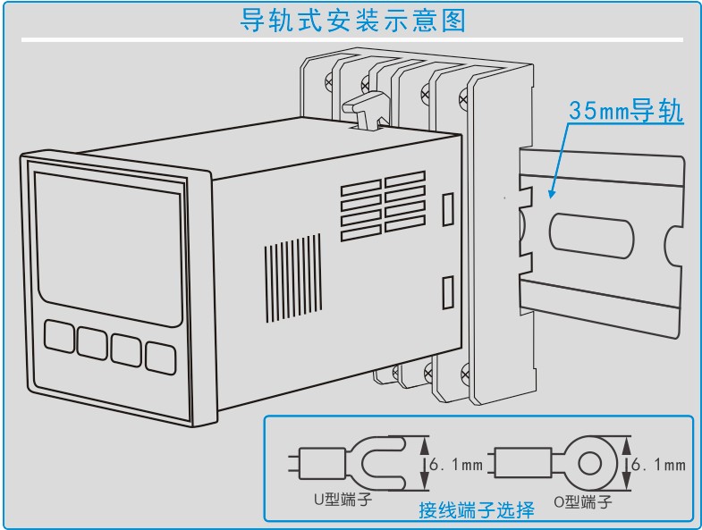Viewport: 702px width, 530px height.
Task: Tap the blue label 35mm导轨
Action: point(626,112)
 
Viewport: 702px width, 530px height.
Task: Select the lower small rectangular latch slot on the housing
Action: point(449,292)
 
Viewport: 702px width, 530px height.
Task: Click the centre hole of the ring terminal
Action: point(591,464)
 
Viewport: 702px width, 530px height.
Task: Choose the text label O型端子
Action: point(581,502)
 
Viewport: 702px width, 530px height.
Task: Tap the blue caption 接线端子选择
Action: point(477,510)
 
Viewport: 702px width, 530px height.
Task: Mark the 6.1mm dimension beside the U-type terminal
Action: point(455,465)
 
